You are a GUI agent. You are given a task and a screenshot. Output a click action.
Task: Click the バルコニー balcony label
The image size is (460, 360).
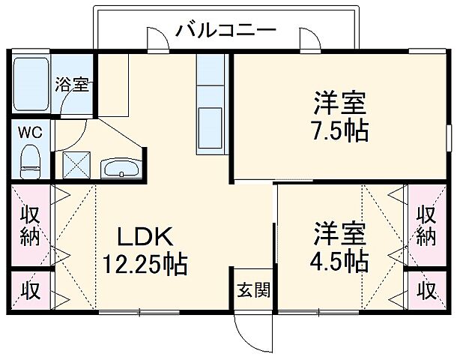tap(226, 31)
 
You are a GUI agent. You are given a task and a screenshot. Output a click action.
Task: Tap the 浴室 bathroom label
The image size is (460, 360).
tap(73, 84)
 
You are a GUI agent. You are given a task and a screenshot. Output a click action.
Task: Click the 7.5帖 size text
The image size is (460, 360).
tap(339, 130)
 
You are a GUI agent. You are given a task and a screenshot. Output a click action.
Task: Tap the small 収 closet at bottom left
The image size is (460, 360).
tap(30, 289)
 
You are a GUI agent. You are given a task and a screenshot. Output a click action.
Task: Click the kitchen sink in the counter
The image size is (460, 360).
tap(210, 124)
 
